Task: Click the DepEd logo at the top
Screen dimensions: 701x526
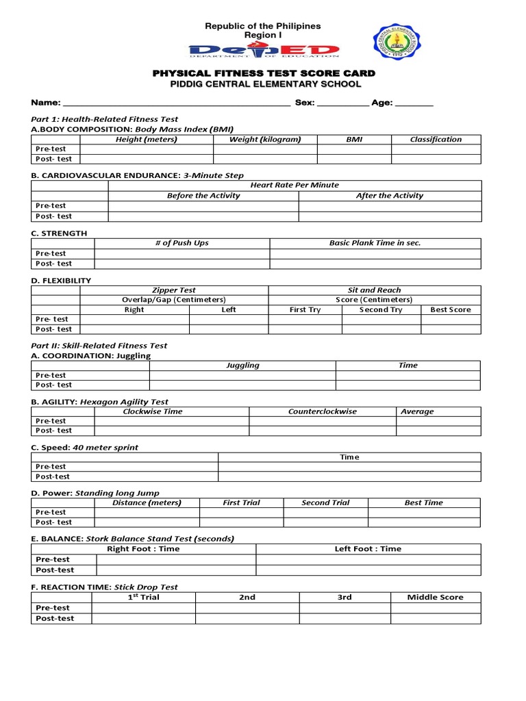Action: [264, 51]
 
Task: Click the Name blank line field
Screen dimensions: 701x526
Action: [176, 103]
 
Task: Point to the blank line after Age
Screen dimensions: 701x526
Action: [414, 103]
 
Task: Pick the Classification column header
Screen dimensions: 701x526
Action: [436, 140]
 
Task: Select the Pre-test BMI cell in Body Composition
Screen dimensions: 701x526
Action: [354, 149]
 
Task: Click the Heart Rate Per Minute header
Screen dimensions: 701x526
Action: [295, 186]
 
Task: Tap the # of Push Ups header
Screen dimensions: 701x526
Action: [182, 243]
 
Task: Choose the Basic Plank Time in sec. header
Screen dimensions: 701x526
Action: [375, 243]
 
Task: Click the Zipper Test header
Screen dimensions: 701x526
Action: [174, 290]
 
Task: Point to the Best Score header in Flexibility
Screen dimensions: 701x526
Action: [450, 309]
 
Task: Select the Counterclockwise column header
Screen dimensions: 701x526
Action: [322, 411]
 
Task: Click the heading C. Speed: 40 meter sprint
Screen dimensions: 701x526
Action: [85, 448]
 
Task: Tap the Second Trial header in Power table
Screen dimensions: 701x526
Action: [325, 502]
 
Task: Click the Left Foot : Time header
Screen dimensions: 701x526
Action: [368, 549]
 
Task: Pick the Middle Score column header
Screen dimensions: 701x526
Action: [435, 598]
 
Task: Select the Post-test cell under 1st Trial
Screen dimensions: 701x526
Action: [143, 618]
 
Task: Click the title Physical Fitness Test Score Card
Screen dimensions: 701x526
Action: [264, 73]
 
